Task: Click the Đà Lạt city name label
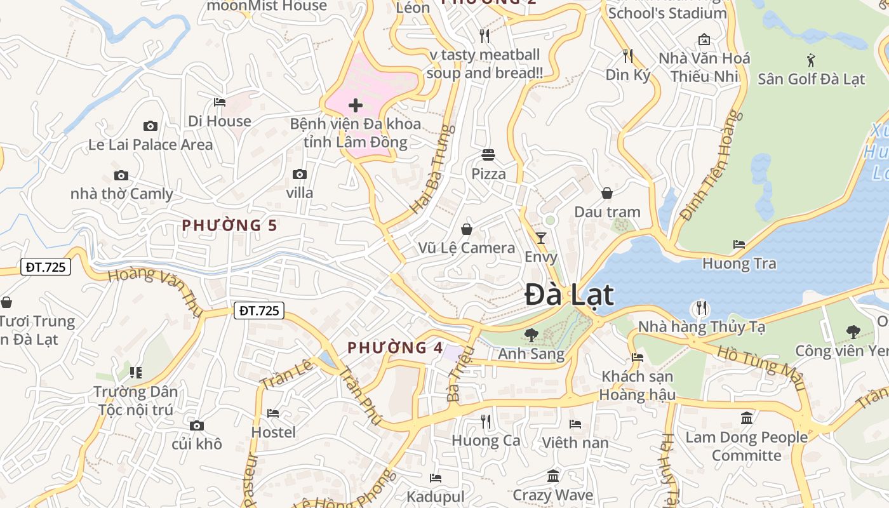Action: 570,295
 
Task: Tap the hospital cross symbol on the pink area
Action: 356,105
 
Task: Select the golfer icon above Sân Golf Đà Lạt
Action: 811,60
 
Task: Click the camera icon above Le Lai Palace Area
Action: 150,126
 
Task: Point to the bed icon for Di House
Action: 220,102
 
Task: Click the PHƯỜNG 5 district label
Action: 229,225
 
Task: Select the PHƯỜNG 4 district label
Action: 395,347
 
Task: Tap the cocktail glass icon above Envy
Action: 540,238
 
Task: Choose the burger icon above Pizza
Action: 488,154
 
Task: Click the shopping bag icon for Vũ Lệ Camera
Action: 467,229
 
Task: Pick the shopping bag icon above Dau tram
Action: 607,192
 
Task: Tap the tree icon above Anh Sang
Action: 531,335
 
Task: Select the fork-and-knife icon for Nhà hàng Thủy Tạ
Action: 701,308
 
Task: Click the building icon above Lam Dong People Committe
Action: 747,418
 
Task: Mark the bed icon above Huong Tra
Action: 739,244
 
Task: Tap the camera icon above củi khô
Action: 197,425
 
